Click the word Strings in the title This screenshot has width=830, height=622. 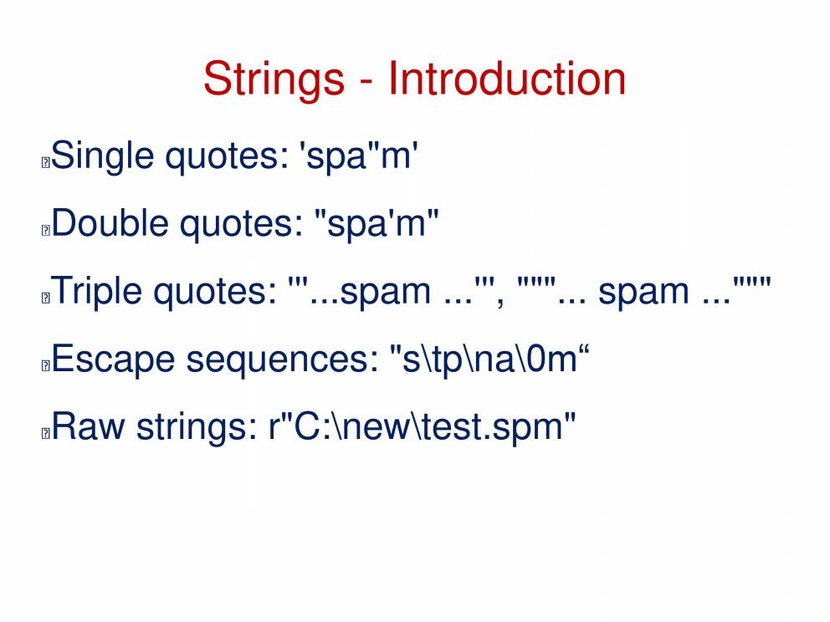tap(274, 80)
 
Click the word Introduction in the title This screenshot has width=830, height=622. tap(507, 79)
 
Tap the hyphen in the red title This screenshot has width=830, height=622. tap(366, 82)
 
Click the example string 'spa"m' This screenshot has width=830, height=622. tap(359, 156)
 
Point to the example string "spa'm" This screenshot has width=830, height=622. tap(377, 224)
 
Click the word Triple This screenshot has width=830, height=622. tap(97, 290)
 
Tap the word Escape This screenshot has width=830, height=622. tap(113, 359)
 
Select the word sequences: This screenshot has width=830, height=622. tap(283, 359)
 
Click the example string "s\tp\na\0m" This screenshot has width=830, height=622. tap(489, 359)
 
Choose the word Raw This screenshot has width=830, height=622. tap(89, 426)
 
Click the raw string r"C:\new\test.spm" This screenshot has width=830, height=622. tap(422, 426)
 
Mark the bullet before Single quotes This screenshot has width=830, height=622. tap(45, 162)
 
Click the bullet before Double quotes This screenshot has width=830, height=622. tap(45, 230)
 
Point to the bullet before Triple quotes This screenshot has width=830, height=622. tap(45, 298)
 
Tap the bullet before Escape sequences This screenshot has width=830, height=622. tap(45, 365)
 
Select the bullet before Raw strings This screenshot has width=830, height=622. tap(45, 433)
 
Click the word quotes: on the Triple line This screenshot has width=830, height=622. tap(215, 292)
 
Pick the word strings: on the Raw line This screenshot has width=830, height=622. tap(197, 426)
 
